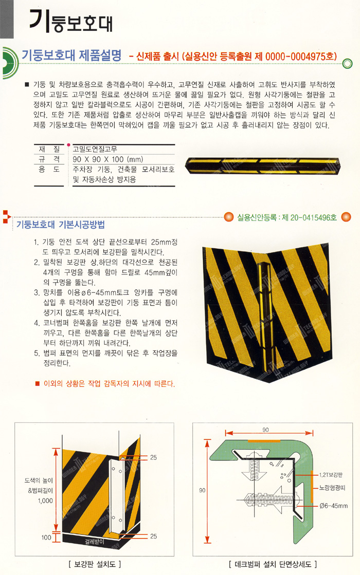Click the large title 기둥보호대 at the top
click(71, 21)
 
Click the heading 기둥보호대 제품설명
click(71, 55)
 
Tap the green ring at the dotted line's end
click(347, 64)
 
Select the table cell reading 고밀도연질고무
click(95, 149)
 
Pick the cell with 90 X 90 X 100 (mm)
click(108, 159)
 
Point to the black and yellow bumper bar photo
click(263, 165)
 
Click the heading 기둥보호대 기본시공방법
click(61, 224)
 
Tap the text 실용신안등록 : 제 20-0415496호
click(287, 217)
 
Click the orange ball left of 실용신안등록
click(229, 217)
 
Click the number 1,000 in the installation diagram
click(45, 500)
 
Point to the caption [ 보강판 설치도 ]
click(94, 564)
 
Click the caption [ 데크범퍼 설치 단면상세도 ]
click(273, 564)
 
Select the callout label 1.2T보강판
click(331, 475)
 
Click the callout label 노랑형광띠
click(332, 488)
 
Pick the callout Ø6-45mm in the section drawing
click(334, 506)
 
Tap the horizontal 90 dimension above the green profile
click(265, 430)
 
